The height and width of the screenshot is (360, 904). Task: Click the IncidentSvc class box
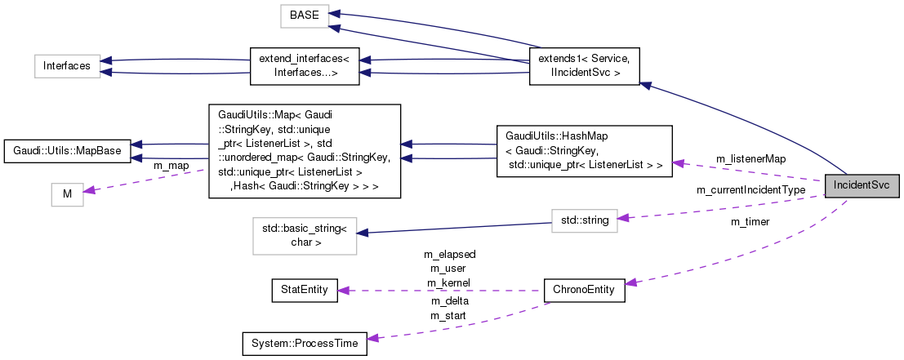point(862,186)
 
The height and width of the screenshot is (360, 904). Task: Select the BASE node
point(305,16)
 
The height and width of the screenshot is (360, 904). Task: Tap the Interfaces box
point(67,66)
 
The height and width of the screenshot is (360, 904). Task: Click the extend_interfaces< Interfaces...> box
point(304,66)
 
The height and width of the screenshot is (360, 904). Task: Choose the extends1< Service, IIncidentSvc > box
point(585,66)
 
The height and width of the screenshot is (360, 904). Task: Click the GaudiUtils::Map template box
point(304,151)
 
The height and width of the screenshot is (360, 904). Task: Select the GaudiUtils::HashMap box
point(584,151)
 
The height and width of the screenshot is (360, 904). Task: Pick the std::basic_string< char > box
point(304,236)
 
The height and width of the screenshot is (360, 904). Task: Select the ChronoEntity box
point(584,290)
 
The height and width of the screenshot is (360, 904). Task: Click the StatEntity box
point(304,290)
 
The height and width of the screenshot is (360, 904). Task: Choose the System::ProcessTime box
point(304,344)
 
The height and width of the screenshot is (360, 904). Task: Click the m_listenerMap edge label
point(750,158)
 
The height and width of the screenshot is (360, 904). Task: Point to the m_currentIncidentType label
point(750,190)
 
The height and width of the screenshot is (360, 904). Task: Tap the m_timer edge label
point(750,221)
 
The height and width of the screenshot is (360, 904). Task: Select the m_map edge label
point(171,166)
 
